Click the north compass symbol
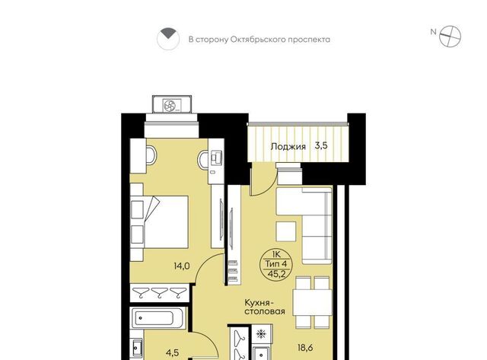(450, 37)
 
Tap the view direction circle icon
(168, 39)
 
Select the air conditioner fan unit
(172, 104)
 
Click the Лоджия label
(288, 146)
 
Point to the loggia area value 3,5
(321, 145)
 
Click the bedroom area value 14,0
(182, 266)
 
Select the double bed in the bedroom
(159, 221)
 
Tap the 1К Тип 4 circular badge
(275, 264)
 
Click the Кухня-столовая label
(264, 307)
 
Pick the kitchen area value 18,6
(305, 348)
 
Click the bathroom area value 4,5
(172, 352)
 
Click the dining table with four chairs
(313, 302)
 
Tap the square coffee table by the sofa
(286, 231)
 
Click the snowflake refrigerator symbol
(261, 334)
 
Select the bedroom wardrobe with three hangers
(160, 292)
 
